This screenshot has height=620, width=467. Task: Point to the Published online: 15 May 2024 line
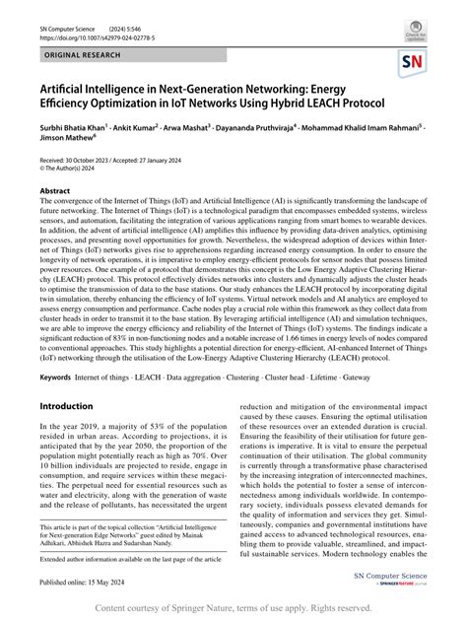pyautogui.click(x=95, y=584)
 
